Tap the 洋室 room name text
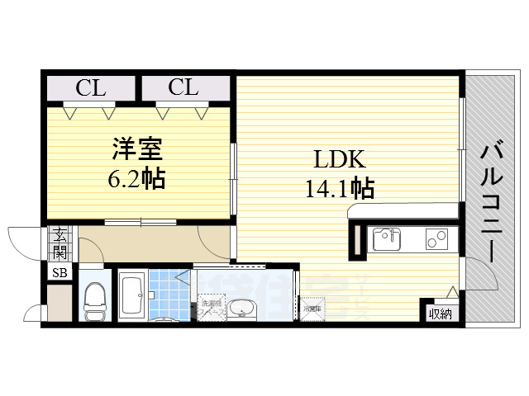coord(136,150)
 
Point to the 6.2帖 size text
coord(136,177)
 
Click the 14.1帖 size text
coord(338,188)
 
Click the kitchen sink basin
coord(387,239)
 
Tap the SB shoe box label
coord(60,273)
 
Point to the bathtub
coord(131,296)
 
